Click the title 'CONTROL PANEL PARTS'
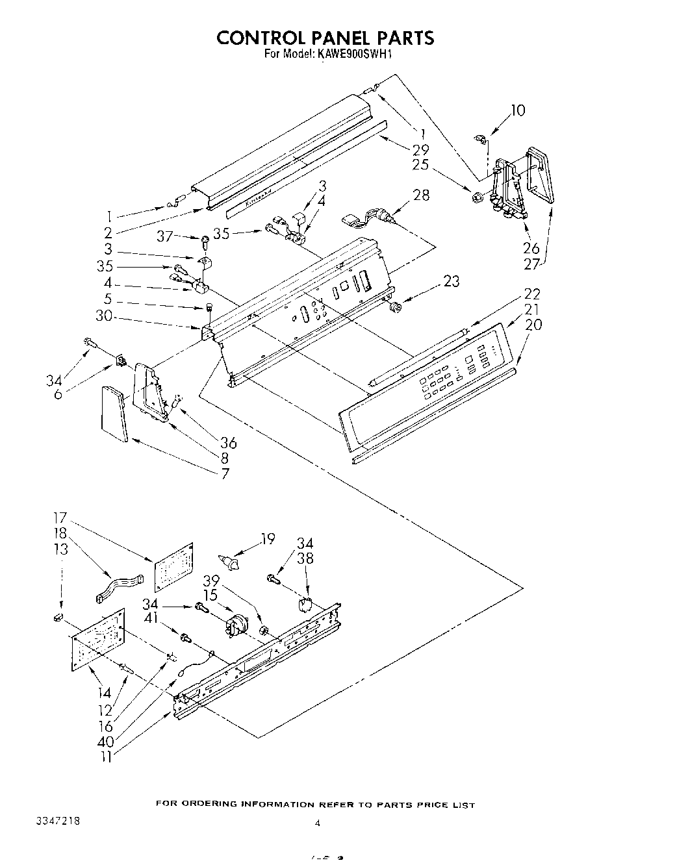325,38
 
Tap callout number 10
517,110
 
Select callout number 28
421,194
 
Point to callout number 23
451,281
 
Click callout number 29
420,150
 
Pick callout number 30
104,316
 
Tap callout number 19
267,538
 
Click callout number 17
60,518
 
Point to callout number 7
225,473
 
